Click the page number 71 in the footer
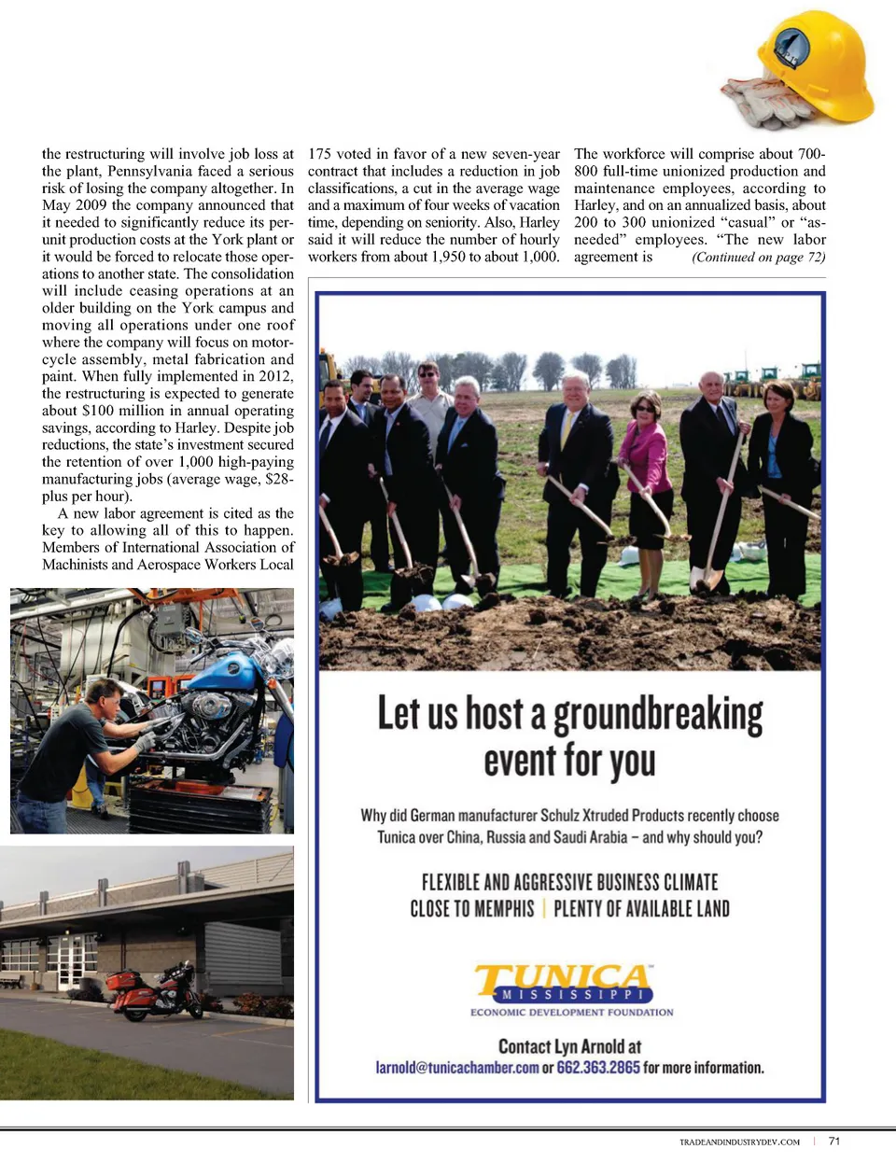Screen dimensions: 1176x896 (834, 1141)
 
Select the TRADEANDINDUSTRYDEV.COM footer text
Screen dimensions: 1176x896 (739, 1141)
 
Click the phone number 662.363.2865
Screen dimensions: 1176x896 (598, 1068)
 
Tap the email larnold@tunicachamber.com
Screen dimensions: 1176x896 (457, 1068)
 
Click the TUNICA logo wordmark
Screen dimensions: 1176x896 (563, 979)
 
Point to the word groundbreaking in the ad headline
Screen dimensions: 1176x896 (658, 715)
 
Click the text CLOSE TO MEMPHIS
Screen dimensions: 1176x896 (472, 908)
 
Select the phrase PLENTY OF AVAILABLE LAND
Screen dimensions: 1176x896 (641, 908)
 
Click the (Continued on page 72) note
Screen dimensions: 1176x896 (758, 257)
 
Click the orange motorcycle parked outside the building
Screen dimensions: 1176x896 (153, 991)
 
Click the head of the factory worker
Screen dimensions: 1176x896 (104, 694)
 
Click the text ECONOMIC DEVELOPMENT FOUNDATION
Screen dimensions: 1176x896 (571, 1012)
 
